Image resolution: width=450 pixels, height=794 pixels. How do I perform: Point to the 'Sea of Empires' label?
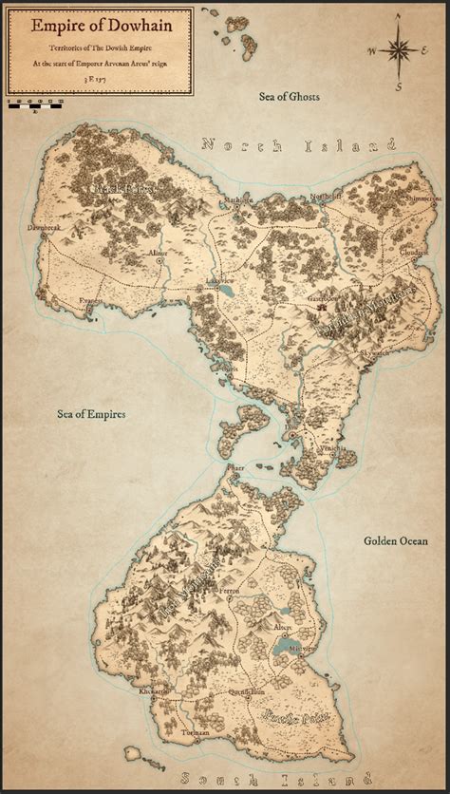click(x=92, y=414)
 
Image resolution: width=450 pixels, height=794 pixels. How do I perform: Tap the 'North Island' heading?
click(x=296, y=145)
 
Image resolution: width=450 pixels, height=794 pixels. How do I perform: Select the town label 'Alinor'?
click(x=158, y=253)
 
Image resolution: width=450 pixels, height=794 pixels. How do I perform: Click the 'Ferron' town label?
click(x=231, y=591)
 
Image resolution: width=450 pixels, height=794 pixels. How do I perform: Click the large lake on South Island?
click(x=283, y=650)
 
